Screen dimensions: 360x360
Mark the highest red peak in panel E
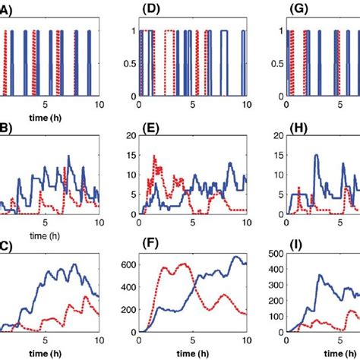pyautogui.click(x=154, y=156)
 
